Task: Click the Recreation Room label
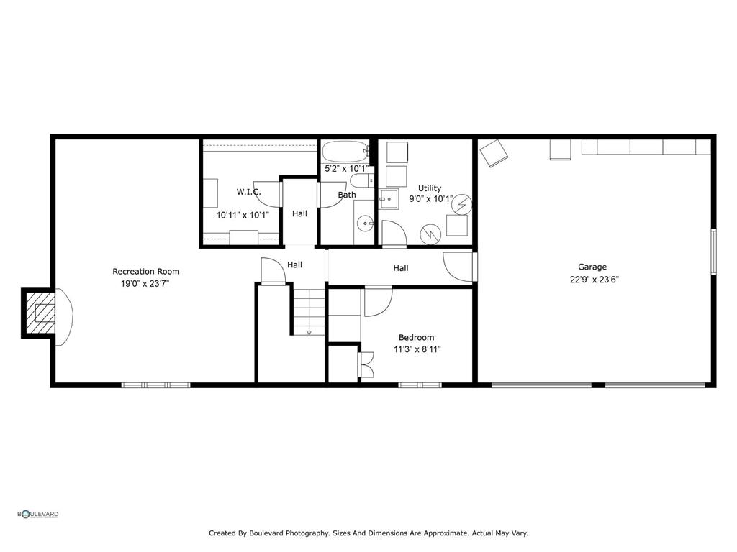pos(145,272)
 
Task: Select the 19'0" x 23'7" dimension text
pos(145,284)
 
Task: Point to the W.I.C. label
pos(248,192)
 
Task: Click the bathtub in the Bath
pos(345,152)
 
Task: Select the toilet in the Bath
pos(359,179)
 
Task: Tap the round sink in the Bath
pos(366,224)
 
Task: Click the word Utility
pos(430,188)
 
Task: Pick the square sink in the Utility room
pos(389,199)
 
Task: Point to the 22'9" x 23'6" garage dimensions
pos(594,280)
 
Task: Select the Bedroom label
pos(416,337)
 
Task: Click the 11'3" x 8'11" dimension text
pos(416,349)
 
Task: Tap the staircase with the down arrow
pos(309,310)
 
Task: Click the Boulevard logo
pos(38,514)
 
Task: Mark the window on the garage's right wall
pos(713,251)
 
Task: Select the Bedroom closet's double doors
pos(366,364)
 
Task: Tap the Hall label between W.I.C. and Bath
pos(299,213)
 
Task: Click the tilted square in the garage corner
pos(494,152)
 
